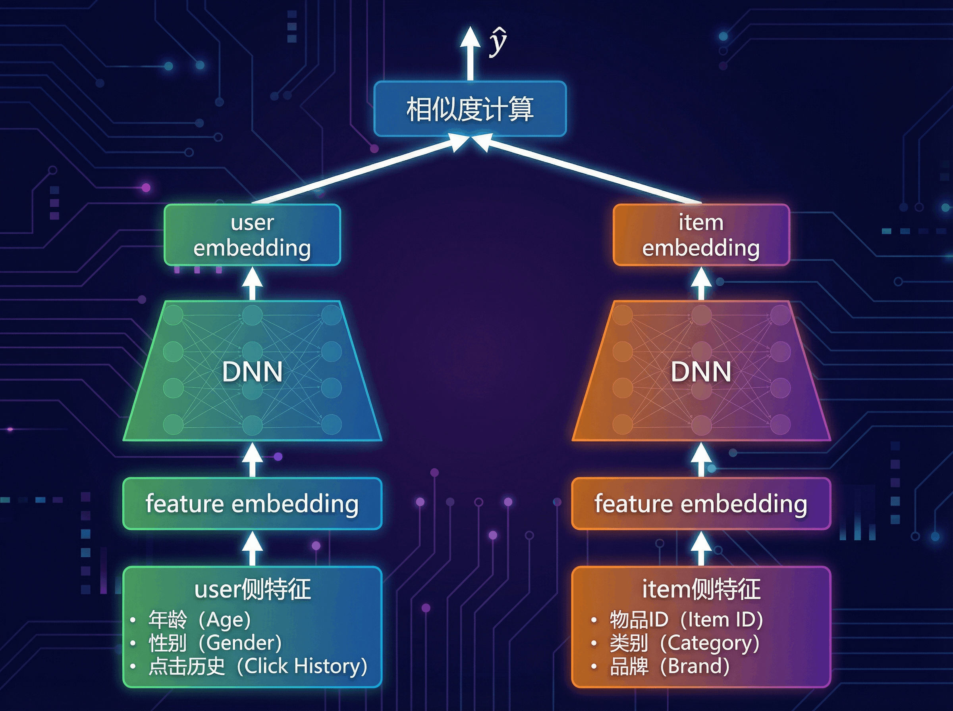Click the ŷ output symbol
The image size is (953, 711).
click(498, 42)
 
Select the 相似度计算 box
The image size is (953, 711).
click(470, 109)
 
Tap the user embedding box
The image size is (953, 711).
click(253, 235)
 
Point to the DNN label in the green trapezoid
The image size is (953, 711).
click(253, 371)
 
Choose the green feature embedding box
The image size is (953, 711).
click(253, 503)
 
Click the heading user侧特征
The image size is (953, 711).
click(253, 589)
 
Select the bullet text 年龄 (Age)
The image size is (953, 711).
click(199, 620)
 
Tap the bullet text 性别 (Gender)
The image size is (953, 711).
click(215, 643)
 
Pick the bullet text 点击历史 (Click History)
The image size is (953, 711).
click(258, 666)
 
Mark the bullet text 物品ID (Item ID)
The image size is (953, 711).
click(686, 620)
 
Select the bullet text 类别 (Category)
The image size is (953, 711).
click(684, 643)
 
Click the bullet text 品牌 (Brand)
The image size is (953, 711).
click(669, 666)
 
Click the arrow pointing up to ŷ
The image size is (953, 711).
click(470, 54)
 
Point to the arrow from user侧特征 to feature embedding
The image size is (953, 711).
click(253, 549)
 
